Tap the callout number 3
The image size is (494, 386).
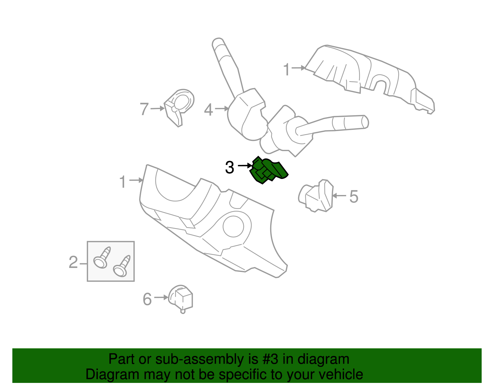coord(229,168)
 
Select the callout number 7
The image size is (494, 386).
coord(144,109)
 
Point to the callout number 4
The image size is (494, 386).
coord(208,110)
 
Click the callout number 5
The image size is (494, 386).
coord(354,196)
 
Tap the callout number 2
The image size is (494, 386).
coord(73,262)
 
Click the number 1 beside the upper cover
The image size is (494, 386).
coord(287,69)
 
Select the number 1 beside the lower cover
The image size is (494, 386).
coord(123,181)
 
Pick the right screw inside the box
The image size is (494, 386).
coord(122,266)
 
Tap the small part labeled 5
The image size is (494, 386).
coord(316,196)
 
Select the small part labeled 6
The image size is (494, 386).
coord(181,299)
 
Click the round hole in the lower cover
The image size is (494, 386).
coord(233,227)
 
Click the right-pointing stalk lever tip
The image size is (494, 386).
coord(366,122)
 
